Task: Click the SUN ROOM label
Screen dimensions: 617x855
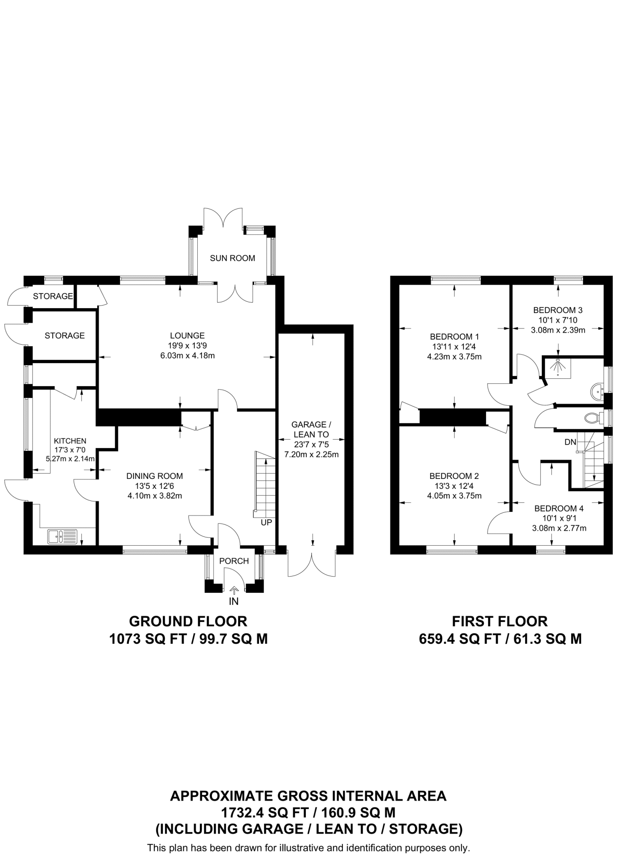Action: click(232, 258)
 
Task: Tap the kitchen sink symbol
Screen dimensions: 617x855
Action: click(62, 536)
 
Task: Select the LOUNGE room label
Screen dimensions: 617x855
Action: click(187, 335)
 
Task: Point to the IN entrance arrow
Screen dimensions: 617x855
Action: click(234, 590)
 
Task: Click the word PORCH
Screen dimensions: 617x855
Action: click(234, 561)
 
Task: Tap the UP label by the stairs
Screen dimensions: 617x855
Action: click(266, 523)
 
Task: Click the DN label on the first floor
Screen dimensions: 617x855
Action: click(570, 442)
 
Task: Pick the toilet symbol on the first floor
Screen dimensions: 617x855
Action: click(592, 417)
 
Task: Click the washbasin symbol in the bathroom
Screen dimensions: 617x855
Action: click(597, 392)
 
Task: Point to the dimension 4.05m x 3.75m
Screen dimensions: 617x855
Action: click(454, 496)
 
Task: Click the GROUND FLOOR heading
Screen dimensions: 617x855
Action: click(188, 622)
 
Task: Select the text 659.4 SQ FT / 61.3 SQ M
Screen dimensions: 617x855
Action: click(500, 639)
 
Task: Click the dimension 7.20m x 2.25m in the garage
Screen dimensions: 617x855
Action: click(311, 455)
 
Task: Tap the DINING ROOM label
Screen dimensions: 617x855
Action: click(155, 476)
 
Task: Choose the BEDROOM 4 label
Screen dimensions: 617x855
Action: click(559, 508)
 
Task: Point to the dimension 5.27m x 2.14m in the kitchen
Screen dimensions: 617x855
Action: click(70, 458)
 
